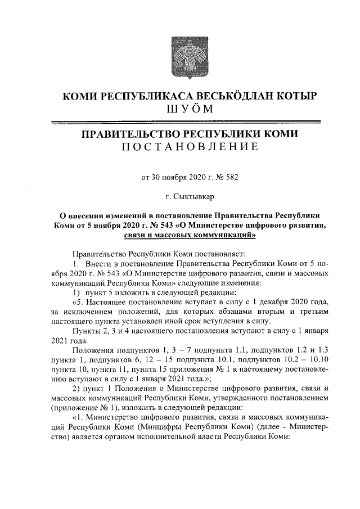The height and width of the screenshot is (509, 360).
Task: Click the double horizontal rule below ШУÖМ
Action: coord(186,121)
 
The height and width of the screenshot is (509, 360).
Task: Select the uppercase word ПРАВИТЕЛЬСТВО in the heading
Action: coord(128,134)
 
